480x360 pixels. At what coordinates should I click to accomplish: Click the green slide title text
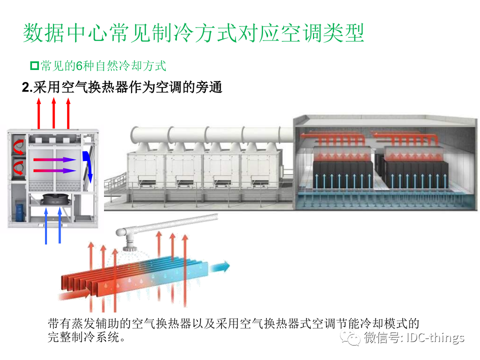click(193, 33)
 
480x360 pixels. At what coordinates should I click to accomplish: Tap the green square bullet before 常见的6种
click(34, 65)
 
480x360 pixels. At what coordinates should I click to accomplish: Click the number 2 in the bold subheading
click(26, 87)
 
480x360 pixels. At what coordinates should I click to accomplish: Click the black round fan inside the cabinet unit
click(53, 199)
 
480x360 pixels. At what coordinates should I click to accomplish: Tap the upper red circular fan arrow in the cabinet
click(19, 144)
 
